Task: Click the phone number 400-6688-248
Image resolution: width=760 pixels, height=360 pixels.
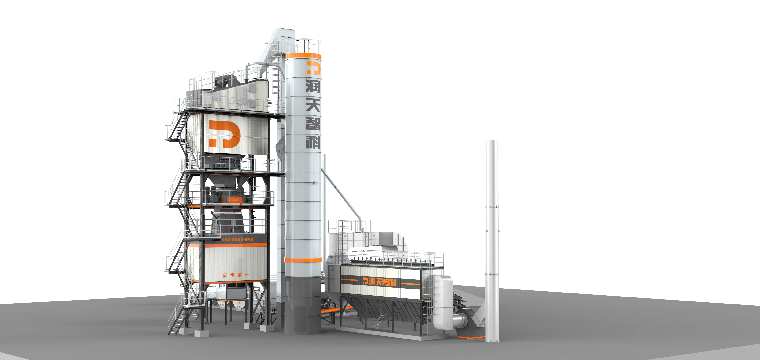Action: (x=237, y=239)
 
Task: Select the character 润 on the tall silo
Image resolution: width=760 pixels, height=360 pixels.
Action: (x=313, y=86)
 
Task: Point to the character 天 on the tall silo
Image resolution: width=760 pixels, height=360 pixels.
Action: (x=313, y=105)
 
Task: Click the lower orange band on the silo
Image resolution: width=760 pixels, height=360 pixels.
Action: (x=303, y=260)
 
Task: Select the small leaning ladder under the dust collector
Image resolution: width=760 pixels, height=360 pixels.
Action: (x=379, y=321)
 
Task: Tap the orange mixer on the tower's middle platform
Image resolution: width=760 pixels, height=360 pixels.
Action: (x=233, y=200)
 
